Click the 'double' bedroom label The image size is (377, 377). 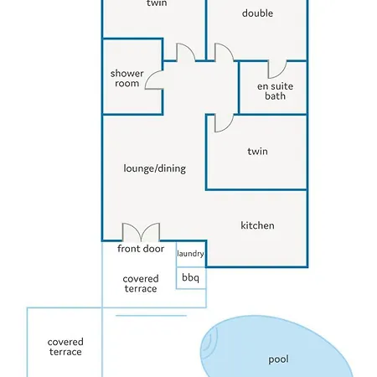[257, 13]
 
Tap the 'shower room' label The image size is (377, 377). [127, 78]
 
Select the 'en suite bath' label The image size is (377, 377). [275, 91]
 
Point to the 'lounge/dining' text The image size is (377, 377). [155, 168]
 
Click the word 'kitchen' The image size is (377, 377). [257, 225]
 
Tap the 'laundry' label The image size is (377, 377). [190, 254]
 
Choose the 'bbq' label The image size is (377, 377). [190, 277]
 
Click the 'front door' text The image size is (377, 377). [141, 249]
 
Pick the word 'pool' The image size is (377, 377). [278, 359]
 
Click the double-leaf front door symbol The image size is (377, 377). [141, 232]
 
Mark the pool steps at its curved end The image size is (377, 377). [209, 342]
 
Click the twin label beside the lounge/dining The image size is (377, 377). [257, 151]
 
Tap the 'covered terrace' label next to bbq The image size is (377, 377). [141, 283]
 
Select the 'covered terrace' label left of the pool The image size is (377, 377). [65, 347]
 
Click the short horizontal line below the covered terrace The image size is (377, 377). [151, 316]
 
